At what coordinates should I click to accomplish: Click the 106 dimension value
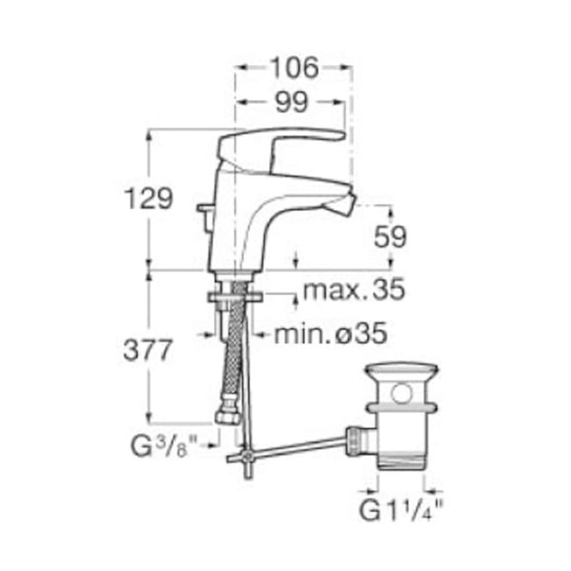pyautogui.click(x=295, y=68)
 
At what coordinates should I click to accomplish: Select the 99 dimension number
pyautogui.click(x=292, y=102)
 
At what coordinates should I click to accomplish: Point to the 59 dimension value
pyautogui.click(x=390, y=237)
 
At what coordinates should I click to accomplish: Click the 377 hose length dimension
pyautogui.click(x=147, y=350)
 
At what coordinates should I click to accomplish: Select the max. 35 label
pyautogui.click(x=354, y=289)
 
